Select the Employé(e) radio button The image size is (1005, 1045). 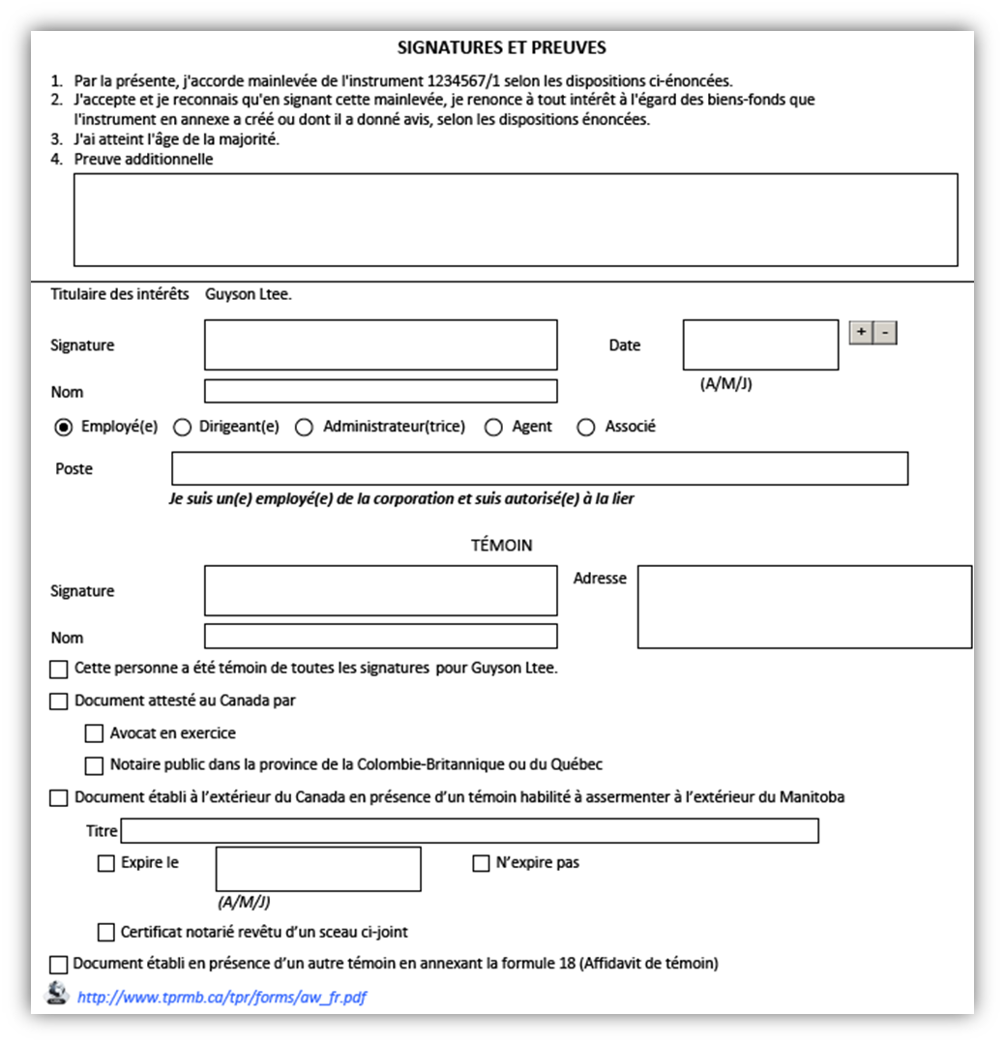click(x=64, y=427)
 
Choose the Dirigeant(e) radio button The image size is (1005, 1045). click(x=182, y=427)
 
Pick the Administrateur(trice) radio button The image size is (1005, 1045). click(x=304, y=427)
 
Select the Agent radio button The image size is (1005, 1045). click(x=493, y=427)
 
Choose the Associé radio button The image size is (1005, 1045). click(x=585, y=427)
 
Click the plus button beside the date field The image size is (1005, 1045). click(x=860, y=333)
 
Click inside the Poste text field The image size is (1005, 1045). click(x=539, y=468)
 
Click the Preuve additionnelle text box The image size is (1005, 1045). click(x=516, y=220)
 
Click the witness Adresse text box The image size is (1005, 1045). click(x=804, y=607)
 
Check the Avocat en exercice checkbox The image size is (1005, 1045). click(x=94, y=733)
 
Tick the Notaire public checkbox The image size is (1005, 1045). click(x=94, y=765)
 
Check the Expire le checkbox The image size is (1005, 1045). click(x=106, y=864)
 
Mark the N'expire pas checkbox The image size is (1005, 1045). click(x=481, y=864)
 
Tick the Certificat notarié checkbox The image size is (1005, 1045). click(x=106, y=933)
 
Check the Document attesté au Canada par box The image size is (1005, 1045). click(x=59, y=702)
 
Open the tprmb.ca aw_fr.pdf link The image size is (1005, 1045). click(x=222, y=998)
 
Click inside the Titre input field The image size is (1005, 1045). click(x=469, y=831)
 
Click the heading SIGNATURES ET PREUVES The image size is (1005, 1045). click(x=502, y=47)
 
